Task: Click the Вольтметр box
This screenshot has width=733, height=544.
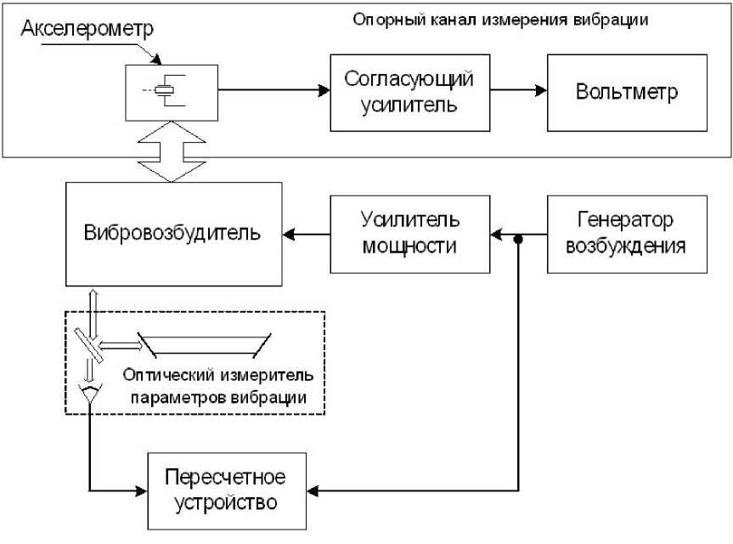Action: point(627,93)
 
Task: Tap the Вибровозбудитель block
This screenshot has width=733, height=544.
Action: point(173,232)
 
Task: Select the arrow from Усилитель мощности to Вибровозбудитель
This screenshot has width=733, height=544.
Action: point(306,233)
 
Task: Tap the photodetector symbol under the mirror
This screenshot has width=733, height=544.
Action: point(89,394)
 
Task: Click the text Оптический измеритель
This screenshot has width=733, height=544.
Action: point(217,374)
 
